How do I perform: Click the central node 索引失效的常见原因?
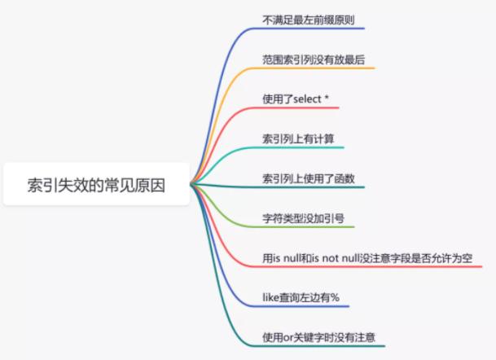(96, 185)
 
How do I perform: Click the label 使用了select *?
(295, 99)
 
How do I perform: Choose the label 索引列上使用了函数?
(308, 178)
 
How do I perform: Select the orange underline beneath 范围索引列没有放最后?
(318, 68)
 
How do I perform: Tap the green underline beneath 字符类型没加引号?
(309, 226)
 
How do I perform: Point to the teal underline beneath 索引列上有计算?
(301, 147)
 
